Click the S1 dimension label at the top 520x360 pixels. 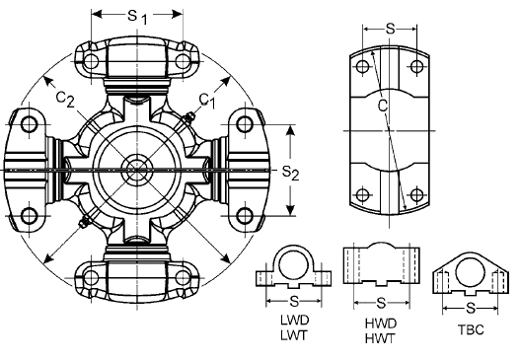pyautogui.click(x=138, y=17)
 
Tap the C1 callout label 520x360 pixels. pyautogui.click(x=206, y=99)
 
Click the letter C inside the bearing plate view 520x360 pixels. pyautogui.click(x=381, y=103)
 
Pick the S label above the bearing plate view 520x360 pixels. pyautogui.click(x=390, y=29)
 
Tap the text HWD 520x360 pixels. pyautogui.click(x=381, y=322)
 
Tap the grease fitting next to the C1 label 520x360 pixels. pyautogui.click(x=186, y=120)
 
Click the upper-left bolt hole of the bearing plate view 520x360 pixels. pyautogui.click(x=364, y=67)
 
